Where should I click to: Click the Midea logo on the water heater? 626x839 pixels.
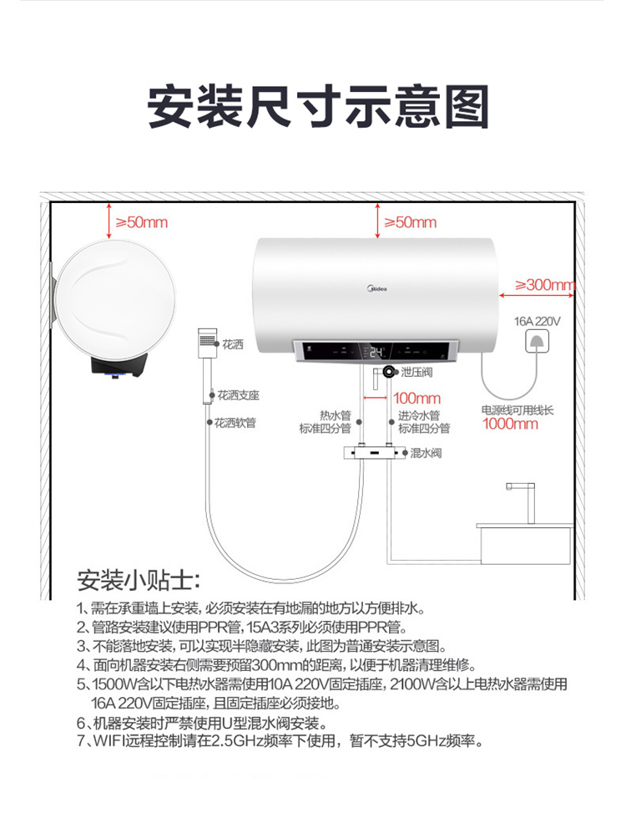(377, 288)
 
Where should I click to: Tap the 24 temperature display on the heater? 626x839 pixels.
(376, 352)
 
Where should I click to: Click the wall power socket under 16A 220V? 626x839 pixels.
(536, 341)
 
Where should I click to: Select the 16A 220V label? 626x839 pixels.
(537, 321)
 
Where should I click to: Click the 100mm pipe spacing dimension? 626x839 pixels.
(416, 398)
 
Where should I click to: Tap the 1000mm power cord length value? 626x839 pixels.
(509, 424)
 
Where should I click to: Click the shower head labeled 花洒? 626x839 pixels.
(207, 343)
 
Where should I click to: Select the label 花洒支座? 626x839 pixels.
(239, 395)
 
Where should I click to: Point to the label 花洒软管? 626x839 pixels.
(235, 423)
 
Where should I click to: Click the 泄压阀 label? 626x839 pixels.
(416, 372)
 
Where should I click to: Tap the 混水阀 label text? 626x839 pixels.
(426, 453)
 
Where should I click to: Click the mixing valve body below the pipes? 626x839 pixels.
(375, 453)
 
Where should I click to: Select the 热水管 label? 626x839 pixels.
(336, 415)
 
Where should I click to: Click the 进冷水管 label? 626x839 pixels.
(419, 415)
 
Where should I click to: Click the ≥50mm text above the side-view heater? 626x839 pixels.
(142, 222)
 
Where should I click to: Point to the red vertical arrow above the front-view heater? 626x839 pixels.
(377, 221)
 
